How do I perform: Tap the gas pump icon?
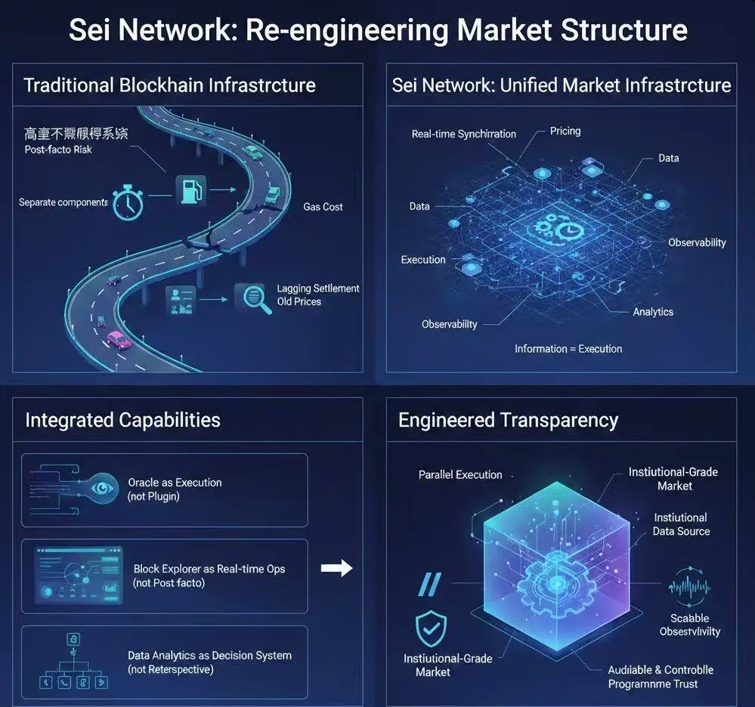click(189, 190)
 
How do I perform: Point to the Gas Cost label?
click(323, 206)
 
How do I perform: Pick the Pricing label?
click(565, 131)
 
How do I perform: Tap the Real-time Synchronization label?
click(463, 134)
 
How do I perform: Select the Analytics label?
click(653, 311)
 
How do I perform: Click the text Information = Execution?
click(568, 349)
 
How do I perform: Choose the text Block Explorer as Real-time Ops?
click(209, 568)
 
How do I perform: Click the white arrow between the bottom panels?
click(337, 568)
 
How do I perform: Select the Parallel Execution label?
click(460, 474)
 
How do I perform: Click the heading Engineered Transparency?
click(508, 420)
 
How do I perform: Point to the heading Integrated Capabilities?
click(122, 420)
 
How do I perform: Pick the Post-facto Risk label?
click(60, 150)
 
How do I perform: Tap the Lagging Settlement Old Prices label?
click(318, 295)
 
